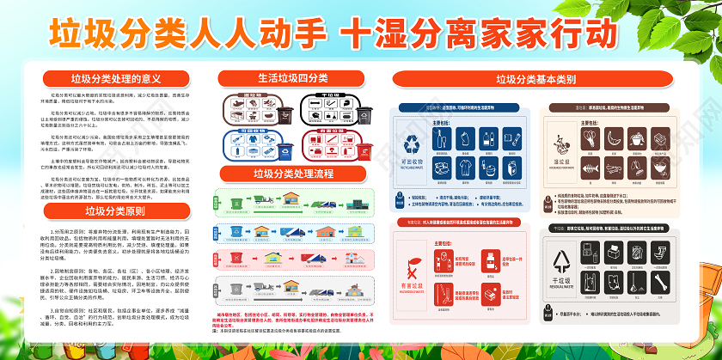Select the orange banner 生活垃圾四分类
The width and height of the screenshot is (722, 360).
(x=293, y=78)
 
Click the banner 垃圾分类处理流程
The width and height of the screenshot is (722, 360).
(x=293, y=174)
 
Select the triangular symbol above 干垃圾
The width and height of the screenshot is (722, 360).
(x=568, y=263)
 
